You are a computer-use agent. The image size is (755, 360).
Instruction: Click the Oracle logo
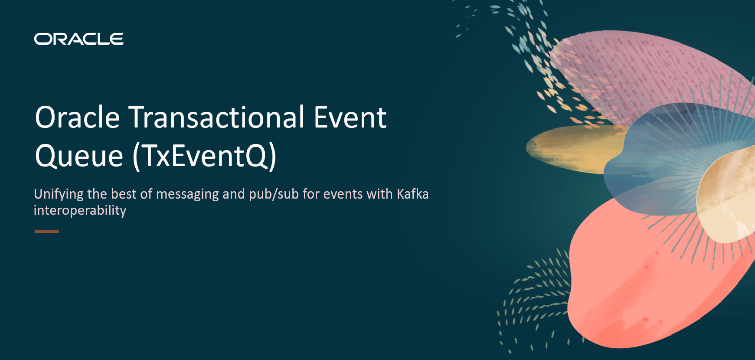coord(79,39)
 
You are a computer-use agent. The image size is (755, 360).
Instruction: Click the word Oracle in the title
coord(77,118)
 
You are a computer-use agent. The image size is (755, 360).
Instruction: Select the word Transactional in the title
coord(217,118)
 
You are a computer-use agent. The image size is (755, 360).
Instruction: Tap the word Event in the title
coord(350,118)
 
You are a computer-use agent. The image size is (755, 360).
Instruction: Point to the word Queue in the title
coord(79,156)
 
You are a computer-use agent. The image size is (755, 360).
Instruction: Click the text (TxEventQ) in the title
coord(204,156)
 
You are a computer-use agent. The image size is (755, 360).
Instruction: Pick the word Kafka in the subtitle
coord(412,194)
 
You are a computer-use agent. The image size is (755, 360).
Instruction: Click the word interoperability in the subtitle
coord(80,210)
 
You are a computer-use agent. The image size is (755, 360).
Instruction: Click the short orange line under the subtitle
coord(47,232)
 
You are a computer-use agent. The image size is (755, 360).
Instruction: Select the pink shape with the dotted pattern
coord(642,69)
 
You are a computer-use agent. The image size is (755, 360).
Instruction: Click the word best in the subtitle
coord(124,194)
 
